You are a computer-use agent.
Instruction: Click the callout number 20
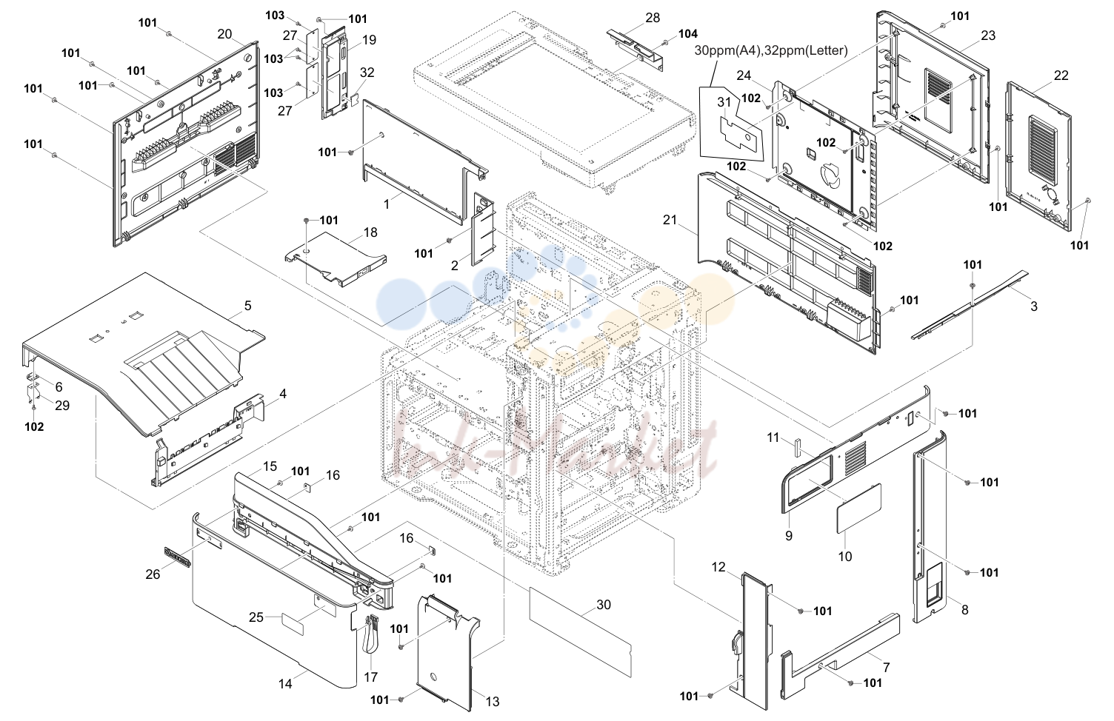click(x=224, y=34)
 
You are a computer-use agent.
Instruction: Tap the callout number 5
click(x=247, y=306)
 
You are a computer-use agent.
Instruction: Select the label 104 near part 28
click(x=688, y=34)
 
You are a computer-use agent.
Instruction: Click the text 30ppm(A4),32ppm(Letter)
click(x=771, y=50)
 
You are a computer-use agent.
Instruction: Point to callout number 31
click(x=724, y=102)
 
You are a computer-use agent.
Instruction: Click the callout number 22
click(x=1061, y=76)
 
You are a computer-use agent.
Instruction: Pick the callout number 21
click(x=670, y=219)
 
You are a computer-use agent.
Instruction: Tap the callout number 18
click(x=370, y=232)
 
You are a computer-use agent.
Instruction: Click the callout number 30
click(x=603, y=605)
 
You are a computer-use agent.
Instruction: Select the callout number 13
click(x=493, y=702)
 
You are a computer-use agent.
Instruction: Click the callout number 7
click(x=886, y=668)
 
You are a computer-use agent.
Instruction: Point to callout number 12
click(x=718, y=567)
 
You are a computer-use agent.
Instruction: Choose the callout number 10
click(x=845, y=557)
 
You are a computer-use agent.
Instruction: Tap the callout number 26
click(x=153, y=574)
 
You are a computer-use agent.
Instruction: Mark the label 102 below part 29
click(x=34, y=427)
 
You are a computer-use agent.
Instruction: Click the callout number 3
click(x=1034, y=306)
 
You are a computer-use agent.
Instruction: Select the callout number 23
click(x=988, y=36)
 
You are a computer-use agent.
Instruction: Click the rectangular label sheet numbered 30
click(x=580, y=631)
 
